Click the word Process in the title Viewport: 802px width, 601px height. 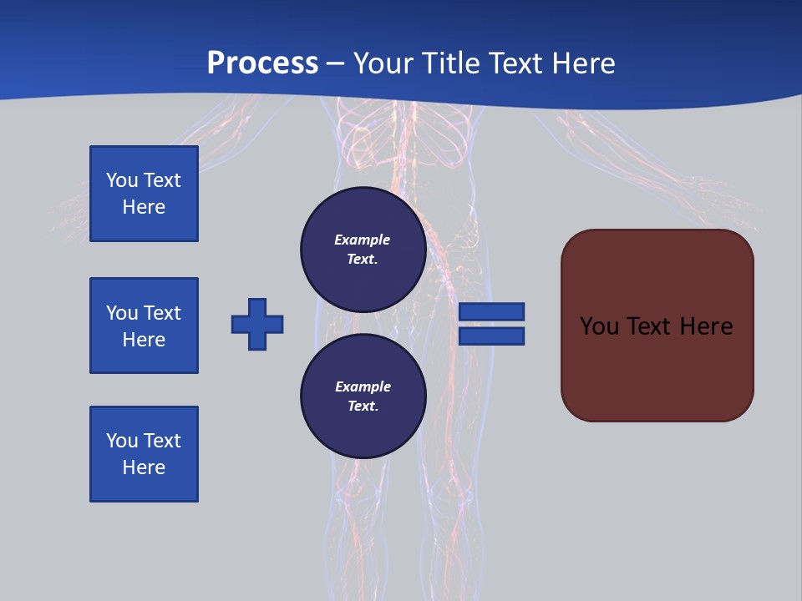tap(262, 63)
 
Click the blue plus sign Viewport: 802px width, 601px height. tap(257, 324)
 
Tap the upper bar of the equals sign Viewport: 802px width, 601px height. tap(491, 311)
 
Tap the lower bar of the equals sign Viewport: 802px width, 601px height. tap(491, 336)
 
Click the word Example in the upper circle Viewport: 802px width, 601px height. tap(363, 240)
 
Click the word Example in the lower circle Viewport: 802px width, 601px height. tap(363, 386)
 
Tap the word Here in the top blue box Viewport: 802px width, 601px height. tap(144, 207)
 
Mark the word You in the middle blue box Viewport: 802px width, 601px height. tap(121, 313)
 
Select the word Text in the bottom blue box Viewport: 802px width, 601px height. tap(162, 441)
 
